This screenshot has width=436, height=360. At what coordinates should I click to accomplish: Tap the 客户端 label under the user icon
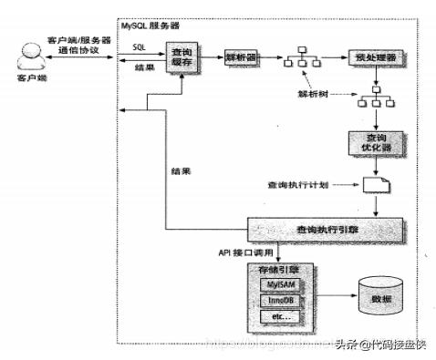tap(30, 92)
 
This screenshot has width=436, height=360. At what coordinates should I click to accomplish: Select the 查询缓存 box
tap(182, 58)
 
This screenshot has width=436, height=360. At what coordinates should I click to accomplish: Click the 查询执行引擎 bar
tap(314, 229)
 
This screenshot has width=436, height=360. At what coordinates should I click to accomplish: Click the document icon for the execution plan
tap(374, 184)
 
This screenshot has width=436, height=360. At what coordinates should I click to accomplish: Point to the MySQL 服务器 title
tap(151, 26)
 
